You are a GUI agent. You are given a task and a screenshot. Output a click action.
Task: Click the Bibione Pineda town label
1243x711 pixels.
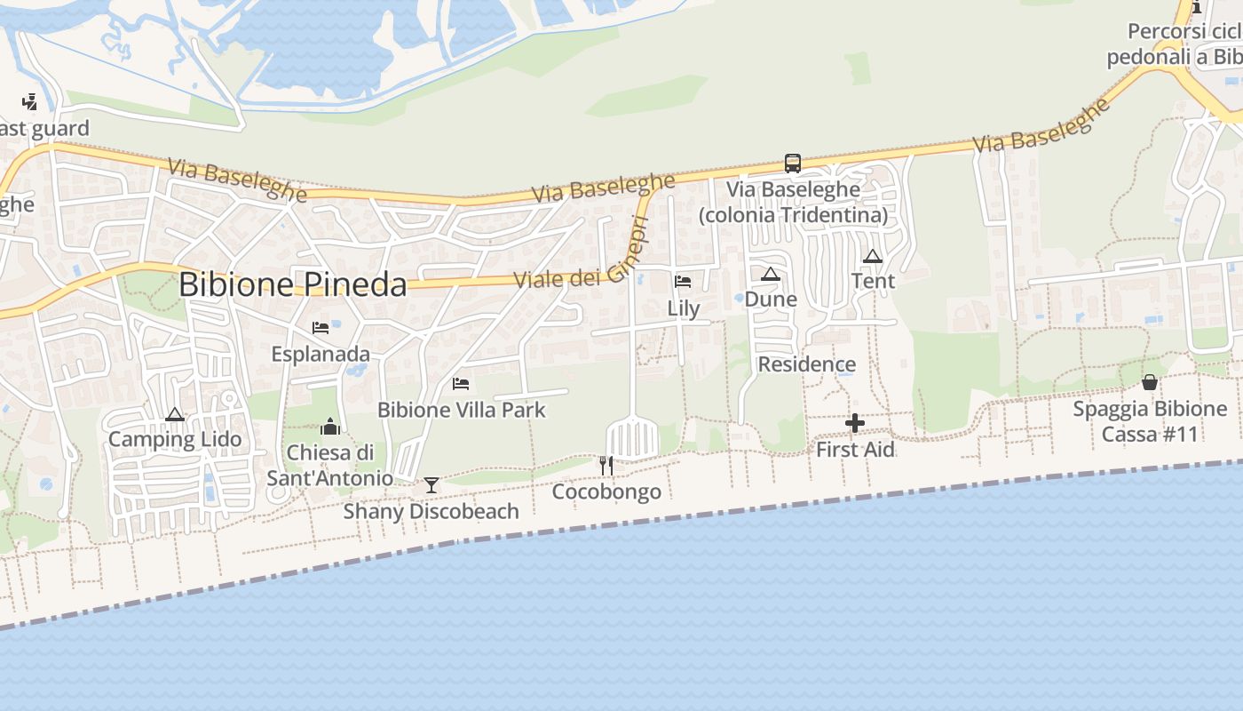292,284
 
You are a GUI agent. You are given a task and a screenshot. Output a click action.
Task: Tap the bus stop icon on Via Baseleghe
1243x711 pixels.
793,164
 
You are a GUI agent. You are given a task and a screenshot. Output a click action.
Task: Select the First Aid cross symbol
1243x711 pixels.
855,423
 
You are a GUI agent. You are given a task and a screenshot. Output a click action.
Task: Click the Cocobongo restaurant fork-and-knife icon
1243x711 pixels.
606,464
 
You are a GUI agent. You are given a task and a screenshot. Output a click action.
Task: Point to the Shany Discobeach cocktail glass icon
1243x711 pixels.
431,484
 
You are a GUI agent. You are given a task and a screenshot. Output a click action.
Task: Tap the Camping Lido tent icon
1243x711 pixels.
174,414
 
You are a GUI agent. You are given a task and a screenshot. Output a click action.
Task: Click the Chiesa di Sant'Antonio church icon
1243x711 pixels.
330,427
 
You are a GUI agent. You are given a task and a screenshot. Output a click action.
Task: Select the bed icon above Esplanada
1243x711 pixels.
321,328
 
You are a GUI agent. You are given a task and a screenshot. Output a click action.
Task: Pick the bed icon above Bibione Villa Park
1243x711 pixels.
461,384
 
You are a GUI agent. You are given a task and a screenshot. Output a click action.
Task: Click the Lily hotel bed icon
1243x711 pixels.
683,282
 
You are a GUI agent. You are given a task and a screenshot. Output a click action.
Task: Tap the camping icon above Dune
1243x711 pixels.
770,274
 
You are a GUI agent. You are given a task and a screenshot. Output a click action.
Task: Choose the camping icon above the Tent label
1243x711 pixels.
873,256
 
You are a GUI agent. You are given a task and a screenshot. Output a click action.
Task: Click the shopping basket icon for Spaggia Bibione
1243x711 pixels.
1150,383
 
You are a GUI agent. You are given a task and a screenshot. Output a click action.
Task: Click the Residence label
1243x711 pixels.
806,364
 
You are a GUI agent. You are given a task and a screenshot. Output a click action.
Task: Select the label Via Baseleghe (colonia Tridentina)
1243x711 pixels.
793,203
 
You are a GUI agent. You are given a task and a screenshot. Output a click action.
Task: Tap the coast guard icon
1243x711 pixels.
32,101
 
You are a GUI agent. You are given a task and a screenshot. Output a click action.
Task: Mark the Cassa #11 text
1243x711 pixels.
1150,435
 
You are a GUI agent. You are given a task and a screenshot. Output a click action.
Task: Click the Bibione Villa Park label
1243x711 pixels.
462,410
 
